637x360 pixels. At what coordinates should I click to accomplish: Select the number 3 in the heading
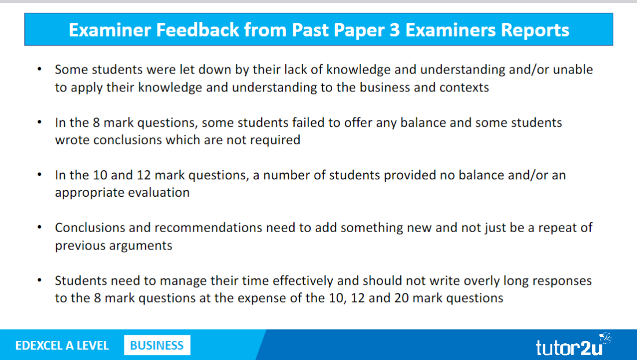pos(395,31)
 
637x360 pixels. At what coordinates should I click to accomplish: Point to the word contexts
pos(465,87)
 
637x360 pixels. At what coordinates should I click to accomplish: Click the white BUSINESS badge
pos(157,346)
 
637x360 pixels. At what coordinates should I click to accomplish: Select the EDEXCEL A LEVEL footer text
pos(62,346)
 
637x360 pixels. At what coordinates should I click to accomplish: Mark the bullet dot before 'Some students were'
pos(39,69)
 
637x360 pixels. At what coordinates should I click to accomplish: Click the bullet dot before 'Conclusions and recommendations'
pos(39,227)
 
